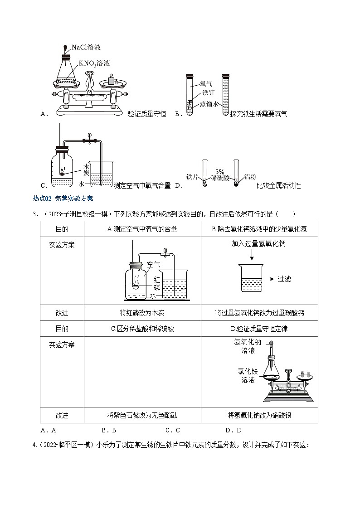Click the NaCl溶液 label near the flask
86,47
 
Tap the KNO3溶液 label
94,63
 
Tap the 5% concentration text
220,172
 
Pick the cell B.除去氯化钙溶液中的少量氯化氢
259,229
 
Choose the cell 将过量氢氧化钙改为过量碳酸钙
259,313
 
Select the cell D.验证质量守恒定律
259,329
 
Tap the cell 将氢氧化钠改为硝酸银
259,415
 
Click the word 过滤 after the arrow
284,279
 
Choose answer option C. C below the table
172,430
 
